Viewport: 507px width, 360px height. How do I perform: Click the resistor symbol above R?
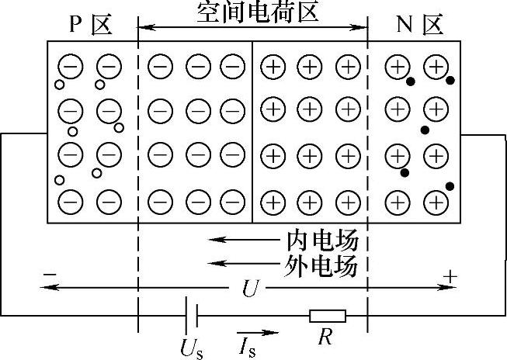(328, 316)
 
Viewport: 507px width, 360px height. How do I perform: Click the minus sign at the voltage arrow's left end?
(50, 275)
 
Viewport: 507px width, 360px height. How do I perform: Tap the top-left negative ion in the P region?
(70, 67)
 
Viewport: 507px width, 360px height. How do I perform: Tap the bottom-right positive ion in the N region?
(436, 203)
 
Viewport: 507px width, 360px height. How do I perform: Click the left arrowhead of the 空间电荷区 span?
(142, 28)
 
